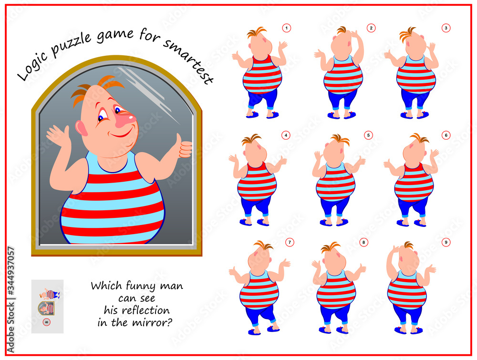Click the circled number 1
(x=286, y=28)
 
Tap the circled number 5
(x=368, y=135)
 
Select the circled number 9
(x=446, y=242)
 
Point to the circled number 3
(x=446, y=28)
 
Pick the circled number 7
(x=290, y=242)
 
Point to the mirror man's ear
(x=81, y=128)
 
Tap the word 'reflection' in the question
(x=137, y=310)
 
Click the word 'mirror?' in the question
(x=157, y=322)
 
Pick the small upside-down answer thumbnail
(x=47, y=306)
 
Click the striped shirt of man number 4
(x=257, y=181)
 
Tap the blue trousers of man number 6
(x=413, y=207)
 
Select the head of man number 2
(x=342, y=45)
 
